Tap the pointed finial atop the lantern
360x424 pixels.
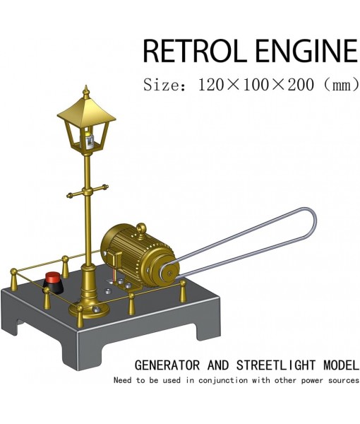pyautogui.click(x=85, y=92)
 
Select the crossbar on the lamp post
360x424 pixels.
pyautogui.click(x=87, y=191)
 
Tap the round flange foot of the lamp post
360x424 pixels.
pyautogui.click(x=91, y=307)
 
